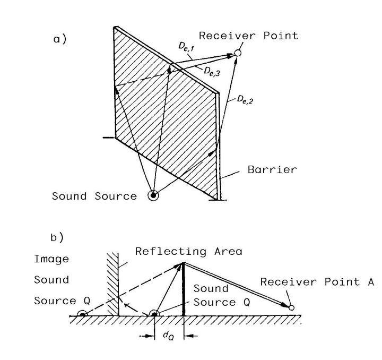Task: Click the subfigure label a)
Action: click(x=60, y=39)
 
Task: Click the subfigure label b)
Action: click(x=57, y=237)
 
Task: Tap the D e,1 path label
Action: click(x=186, y=47)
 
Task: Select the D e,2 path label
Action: click(x=245, y=100)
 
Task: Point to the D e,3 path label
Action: click(x=212, y=71)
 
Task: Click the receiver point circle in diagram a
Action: click(x=238, y=53)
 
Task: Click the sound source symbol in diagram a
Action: click(x=153, y=195)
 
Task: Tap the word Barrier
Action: click(x=272, y=169)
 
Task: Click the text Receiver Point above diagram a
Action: click(x=248, y=36)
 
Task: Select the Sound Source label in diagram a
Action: click(x=94, y=196)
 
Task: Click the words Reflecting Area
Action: click(x=189, y=251)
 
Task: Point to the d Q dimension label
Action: click(x=168, y=336)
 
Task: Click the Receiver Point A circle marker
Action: click(x=291, y=307)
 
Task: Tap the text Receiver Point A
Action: click(x=317, y=282)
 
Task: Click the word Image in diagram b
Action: click(x=51, y=259)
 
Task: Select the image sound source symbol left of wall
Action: click(x=82, y=314)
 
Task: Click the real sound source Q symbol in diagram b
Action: click(x=154, y=313)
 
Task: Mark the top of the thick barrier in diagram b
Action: click(x=184, y=263)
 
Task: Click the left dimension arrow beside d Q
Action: click(x=147, y=336)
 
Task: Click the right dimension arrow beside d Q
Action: click(x=191, y=336)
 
